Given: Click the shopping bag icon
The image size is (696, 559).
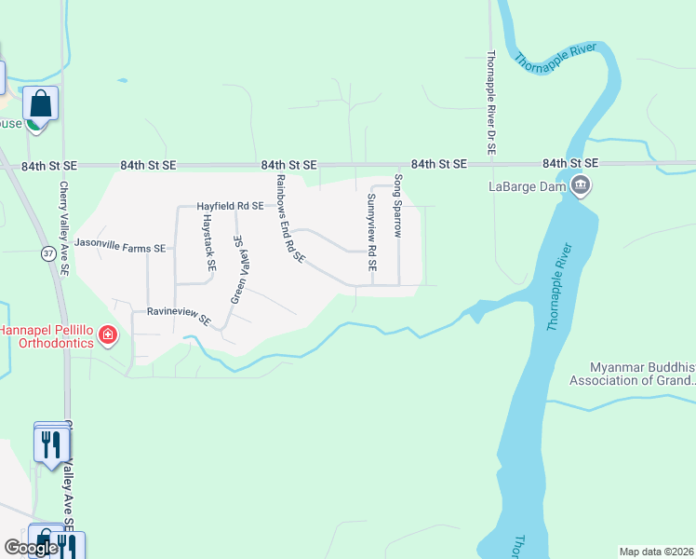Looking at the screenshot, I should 41,102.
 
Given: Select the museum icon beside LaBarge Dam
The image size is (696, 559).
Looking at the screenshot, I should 582,186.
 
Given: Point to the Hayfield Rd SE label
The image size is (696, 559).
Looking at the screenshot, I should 230,206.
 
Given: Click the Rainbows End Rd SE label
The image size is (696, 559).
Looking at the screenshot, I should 289,218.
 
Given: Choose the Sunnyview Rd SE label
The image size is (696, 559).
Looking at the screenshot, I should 371,232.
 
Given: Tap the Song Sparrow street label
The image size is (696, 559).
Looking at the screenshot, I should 398,206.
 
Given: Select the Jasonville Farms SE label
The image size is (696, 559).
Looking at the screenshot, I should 120,248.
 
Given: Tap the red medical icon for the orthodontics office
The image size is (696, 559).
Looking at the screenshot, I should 109,334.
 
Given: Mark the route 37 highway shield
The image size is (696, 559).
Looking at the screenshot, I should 47,252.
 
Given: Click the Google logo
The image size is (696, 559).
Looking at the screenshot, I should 31,548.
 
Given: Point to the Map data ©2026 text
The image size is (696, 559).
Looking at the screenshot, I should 656,552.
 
